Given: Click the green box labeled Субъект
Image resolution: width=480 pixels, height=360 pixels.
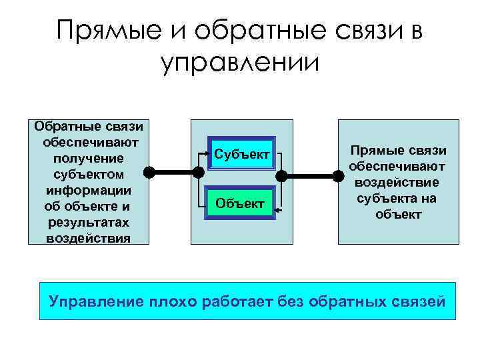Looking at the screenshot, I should click(x=243, y=155).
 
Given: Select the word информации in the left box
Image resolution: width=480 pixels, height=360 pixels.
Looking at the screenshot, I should click(x=89, y=190).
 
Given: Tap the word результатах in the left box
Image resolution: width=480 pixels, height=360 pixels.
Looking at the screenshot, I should click(x=89, y=222).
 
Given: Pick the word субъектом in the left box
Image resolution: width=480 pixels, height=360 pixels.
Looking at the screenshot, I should click(x=89, y=175).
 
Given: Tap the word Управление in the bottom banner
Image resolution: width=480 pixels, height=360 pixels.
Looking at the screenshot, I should click(x=95, y=301).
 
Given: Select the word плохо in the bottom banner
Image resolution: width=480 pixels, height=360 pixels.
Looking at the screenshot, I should click(x=173, y=301).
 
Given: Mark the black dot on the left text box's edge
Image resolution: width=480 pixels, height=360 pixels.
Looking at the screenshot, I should click(x=151, y=171).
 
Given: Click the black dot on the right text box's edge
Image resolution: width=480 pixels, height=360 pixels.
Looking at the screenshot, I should click(x=339, y=176).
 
